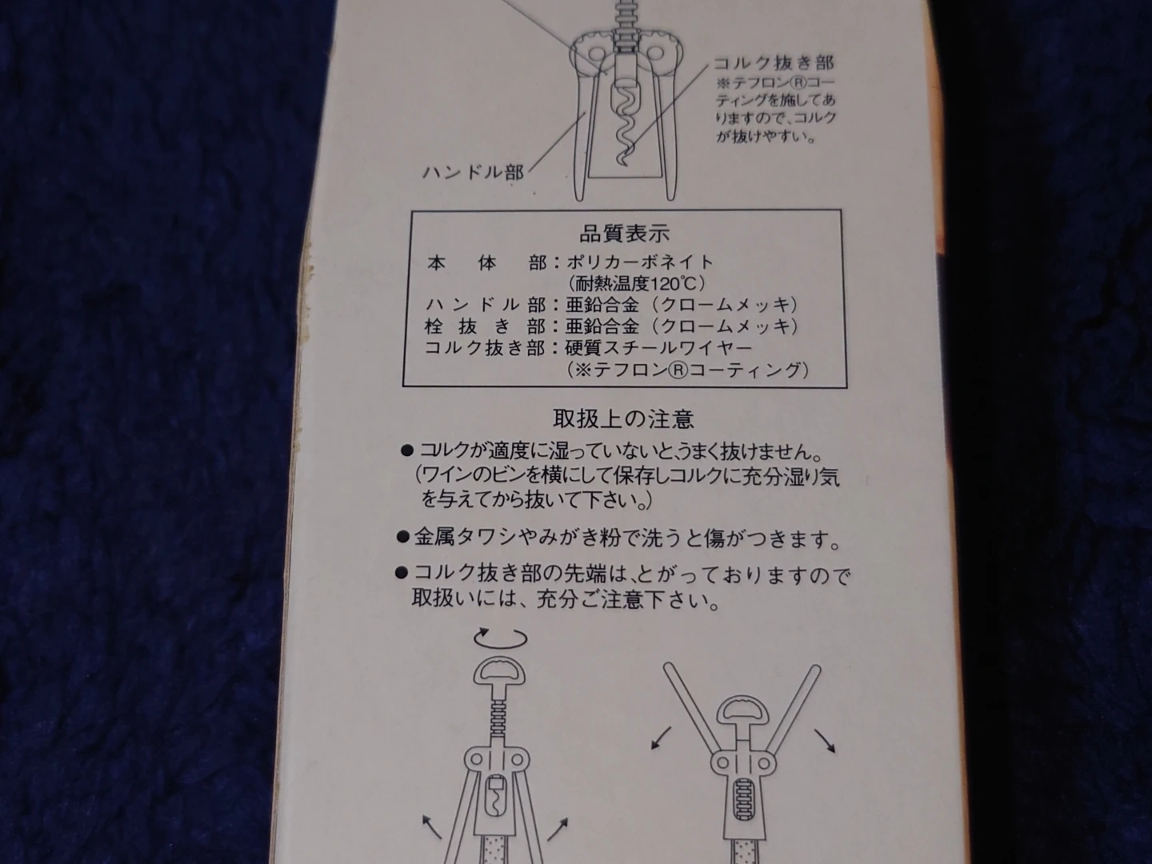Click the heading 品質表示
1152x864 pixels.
tap(624, 234)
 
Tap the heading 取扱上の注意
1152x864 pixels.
tap(624, 418)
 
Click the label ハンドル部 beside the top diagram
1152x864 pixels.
tap(474, 172)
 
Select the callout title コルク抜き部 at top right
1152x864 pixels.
tap(774, 63)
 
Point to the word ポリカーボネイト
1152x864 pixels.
tap(640, 262)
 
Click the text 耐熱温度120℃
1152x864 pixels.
tap(636, 284)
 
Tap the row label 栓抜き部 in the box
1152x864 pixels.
tap(485, 326)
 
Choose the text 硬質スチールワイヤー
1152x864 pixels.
tap(658, 347)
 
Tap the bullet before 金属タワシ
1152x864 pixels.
tap(402, 537)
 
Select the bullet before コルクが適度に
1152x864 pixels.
tap(406, 450)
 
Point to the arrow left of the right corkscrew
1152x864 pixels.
tap(661, 737)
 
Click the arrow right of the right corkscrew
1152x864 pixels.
tap(825, 740)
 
